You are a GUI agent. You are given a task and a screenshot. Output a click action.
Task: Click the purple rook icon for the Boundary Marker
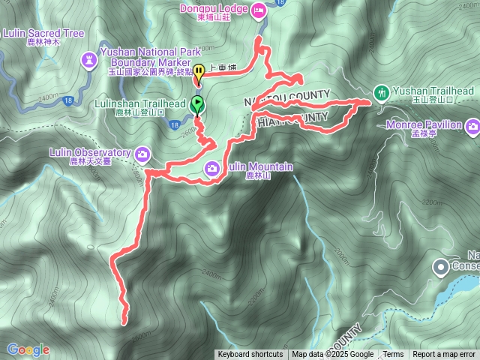[91, 57]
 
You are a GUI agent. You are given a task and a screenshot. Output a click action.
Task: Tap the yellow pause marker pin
[199, 73]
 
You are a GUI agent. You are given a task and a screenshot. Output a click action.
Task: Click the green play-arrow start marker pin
[196, 103]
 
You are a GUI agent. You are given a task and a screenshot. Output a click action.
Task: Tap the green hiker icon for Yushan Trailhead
[381, 91]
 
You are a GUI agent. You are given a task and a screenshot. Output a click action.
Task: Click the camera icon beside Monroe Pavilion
[472, 127]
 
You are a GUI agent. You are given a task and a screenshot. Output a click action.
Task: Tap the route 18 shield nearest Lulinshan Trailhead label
[174, 126]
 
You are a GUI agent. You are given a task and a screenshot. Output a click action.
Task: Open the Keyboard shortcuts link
[250, 355]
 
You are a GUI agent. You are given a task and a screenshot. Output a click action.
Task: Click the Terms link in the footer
[393, 355]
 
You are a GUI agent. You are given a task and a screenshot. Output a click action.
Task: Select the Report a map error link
[444, 355]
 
